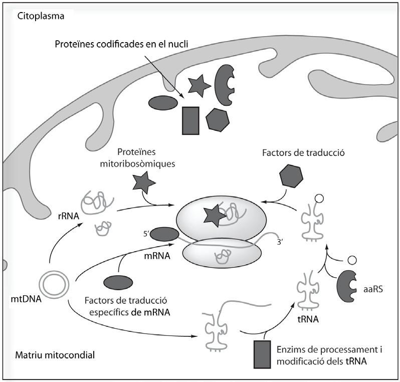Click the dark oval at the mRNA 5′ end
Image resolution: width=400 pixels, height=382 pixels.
pyautogui.click(x=164, y=234)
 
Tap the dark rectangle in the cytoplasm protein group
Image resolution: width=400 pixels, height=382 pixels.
pyautogui.click(x=190, y=120)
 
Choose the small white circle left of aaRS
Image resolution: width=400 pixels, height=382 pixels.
pyautogui.click(x=351, y=260)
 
